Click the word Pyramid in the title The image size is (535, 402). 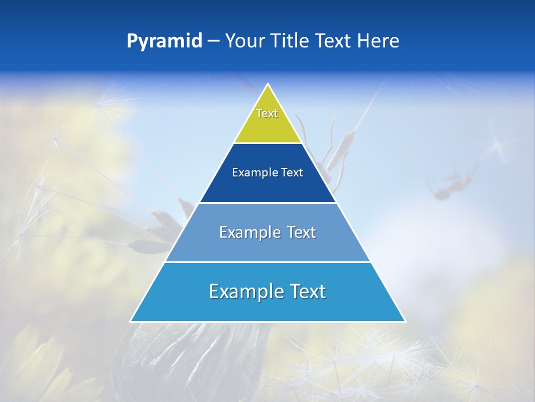[164, 41]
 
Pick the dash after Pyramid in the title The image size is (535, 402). [213, 41]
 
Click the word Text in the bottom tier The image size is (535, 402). [305, 291]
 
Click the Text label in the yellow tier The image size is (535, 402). [267, 113]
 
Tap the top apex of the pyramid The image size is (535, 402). [268, 84]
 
